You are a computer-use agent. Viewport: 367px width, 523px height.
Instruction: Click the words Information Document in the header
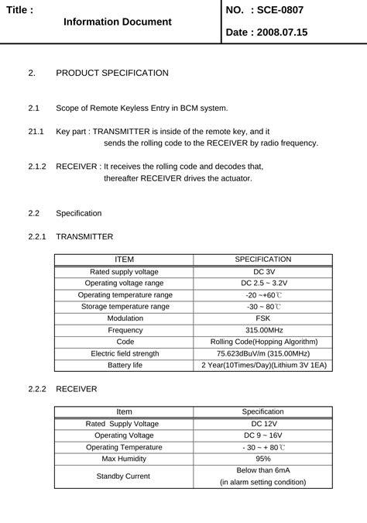click(118, 22)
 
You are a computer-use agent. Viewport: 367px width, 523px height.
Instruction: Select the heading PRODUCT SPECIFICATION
click(112, 73)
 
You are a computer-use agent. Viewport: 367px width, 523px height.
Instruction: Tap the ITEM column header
click(124, 260)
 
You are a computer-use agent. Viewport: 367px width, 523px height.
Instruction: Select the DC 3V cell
click(263, 272)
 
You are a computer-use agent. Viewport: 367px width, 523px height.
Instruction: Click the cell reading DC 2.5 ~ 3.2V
click(263, 284)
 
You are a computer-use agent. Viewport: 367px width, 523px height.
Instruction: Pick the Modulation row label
click(125, 318)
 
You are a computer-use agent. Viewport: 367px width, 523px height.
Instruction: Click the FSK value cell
click(263, 318)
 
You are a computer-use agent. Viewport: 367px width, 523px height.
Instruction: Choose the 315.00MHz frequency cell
click(263, 330)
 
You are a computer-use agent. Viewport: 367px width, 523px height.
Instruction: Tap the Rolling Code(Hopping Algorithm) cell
click(264, 342)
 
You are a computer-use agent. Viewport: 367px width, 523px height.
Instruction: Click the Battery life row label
click(125, 365)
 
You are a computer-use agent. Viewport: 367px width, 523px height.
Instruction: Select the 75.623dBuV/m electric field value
click(263, 353)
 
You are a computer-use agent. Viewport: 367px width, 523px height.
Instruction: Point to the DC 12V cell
click(263, 424)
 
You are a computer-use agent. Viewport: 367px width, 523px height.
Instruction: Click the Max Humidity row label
click(124, 459)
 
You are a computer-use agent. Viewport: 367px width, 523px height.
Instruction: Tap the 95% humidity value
click(263, 459)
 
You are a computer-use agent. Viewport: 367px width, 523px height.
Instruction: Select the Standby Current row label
click(124, 476)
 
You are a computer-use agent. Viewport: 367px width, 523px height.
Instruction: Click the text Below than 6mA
click(263, 470)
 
